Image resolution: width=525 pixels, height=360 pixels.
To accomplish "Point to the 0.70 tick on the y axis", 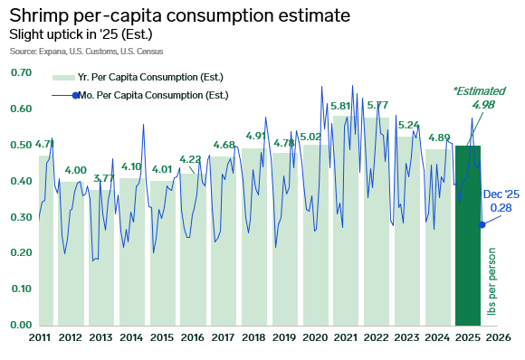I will point(22,72).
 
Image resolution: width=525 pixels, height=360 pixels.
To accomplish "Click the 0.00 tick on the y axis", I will point(22,325).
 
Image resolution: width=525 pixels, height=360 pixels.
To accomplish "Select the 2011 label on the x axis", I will point(38,337).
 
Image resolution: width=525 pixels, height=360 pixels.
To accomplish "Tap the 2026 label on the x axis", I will point(498,337).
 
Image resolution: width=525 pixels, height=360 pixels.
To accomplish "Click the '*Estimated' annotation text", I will point(479,90).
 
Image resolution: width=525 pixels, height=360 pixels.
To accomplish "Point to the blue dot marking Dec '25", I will point(482,224).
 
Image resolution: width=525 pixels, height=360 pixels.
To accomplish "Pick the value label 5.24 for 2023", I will point(407,125).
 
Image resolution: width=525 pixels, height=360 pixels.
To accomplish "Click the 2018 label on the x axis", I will point(253,337).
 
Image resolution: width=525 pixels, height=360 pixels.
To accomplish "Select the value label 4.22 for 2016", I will point(190,160).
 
